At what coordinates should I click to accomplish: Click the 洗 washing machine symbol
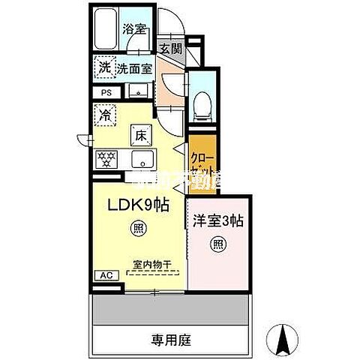[x=104, y=67]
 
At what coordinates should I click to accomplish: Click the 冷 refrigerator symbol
[x=104, y=115]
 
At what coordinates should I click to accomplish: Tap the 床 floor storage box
[x=140, y=136]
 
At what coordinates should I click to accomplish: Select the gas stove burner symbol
[x=105, y=159]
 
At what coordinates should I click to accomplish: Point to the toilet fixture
[x=201, y=106]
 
